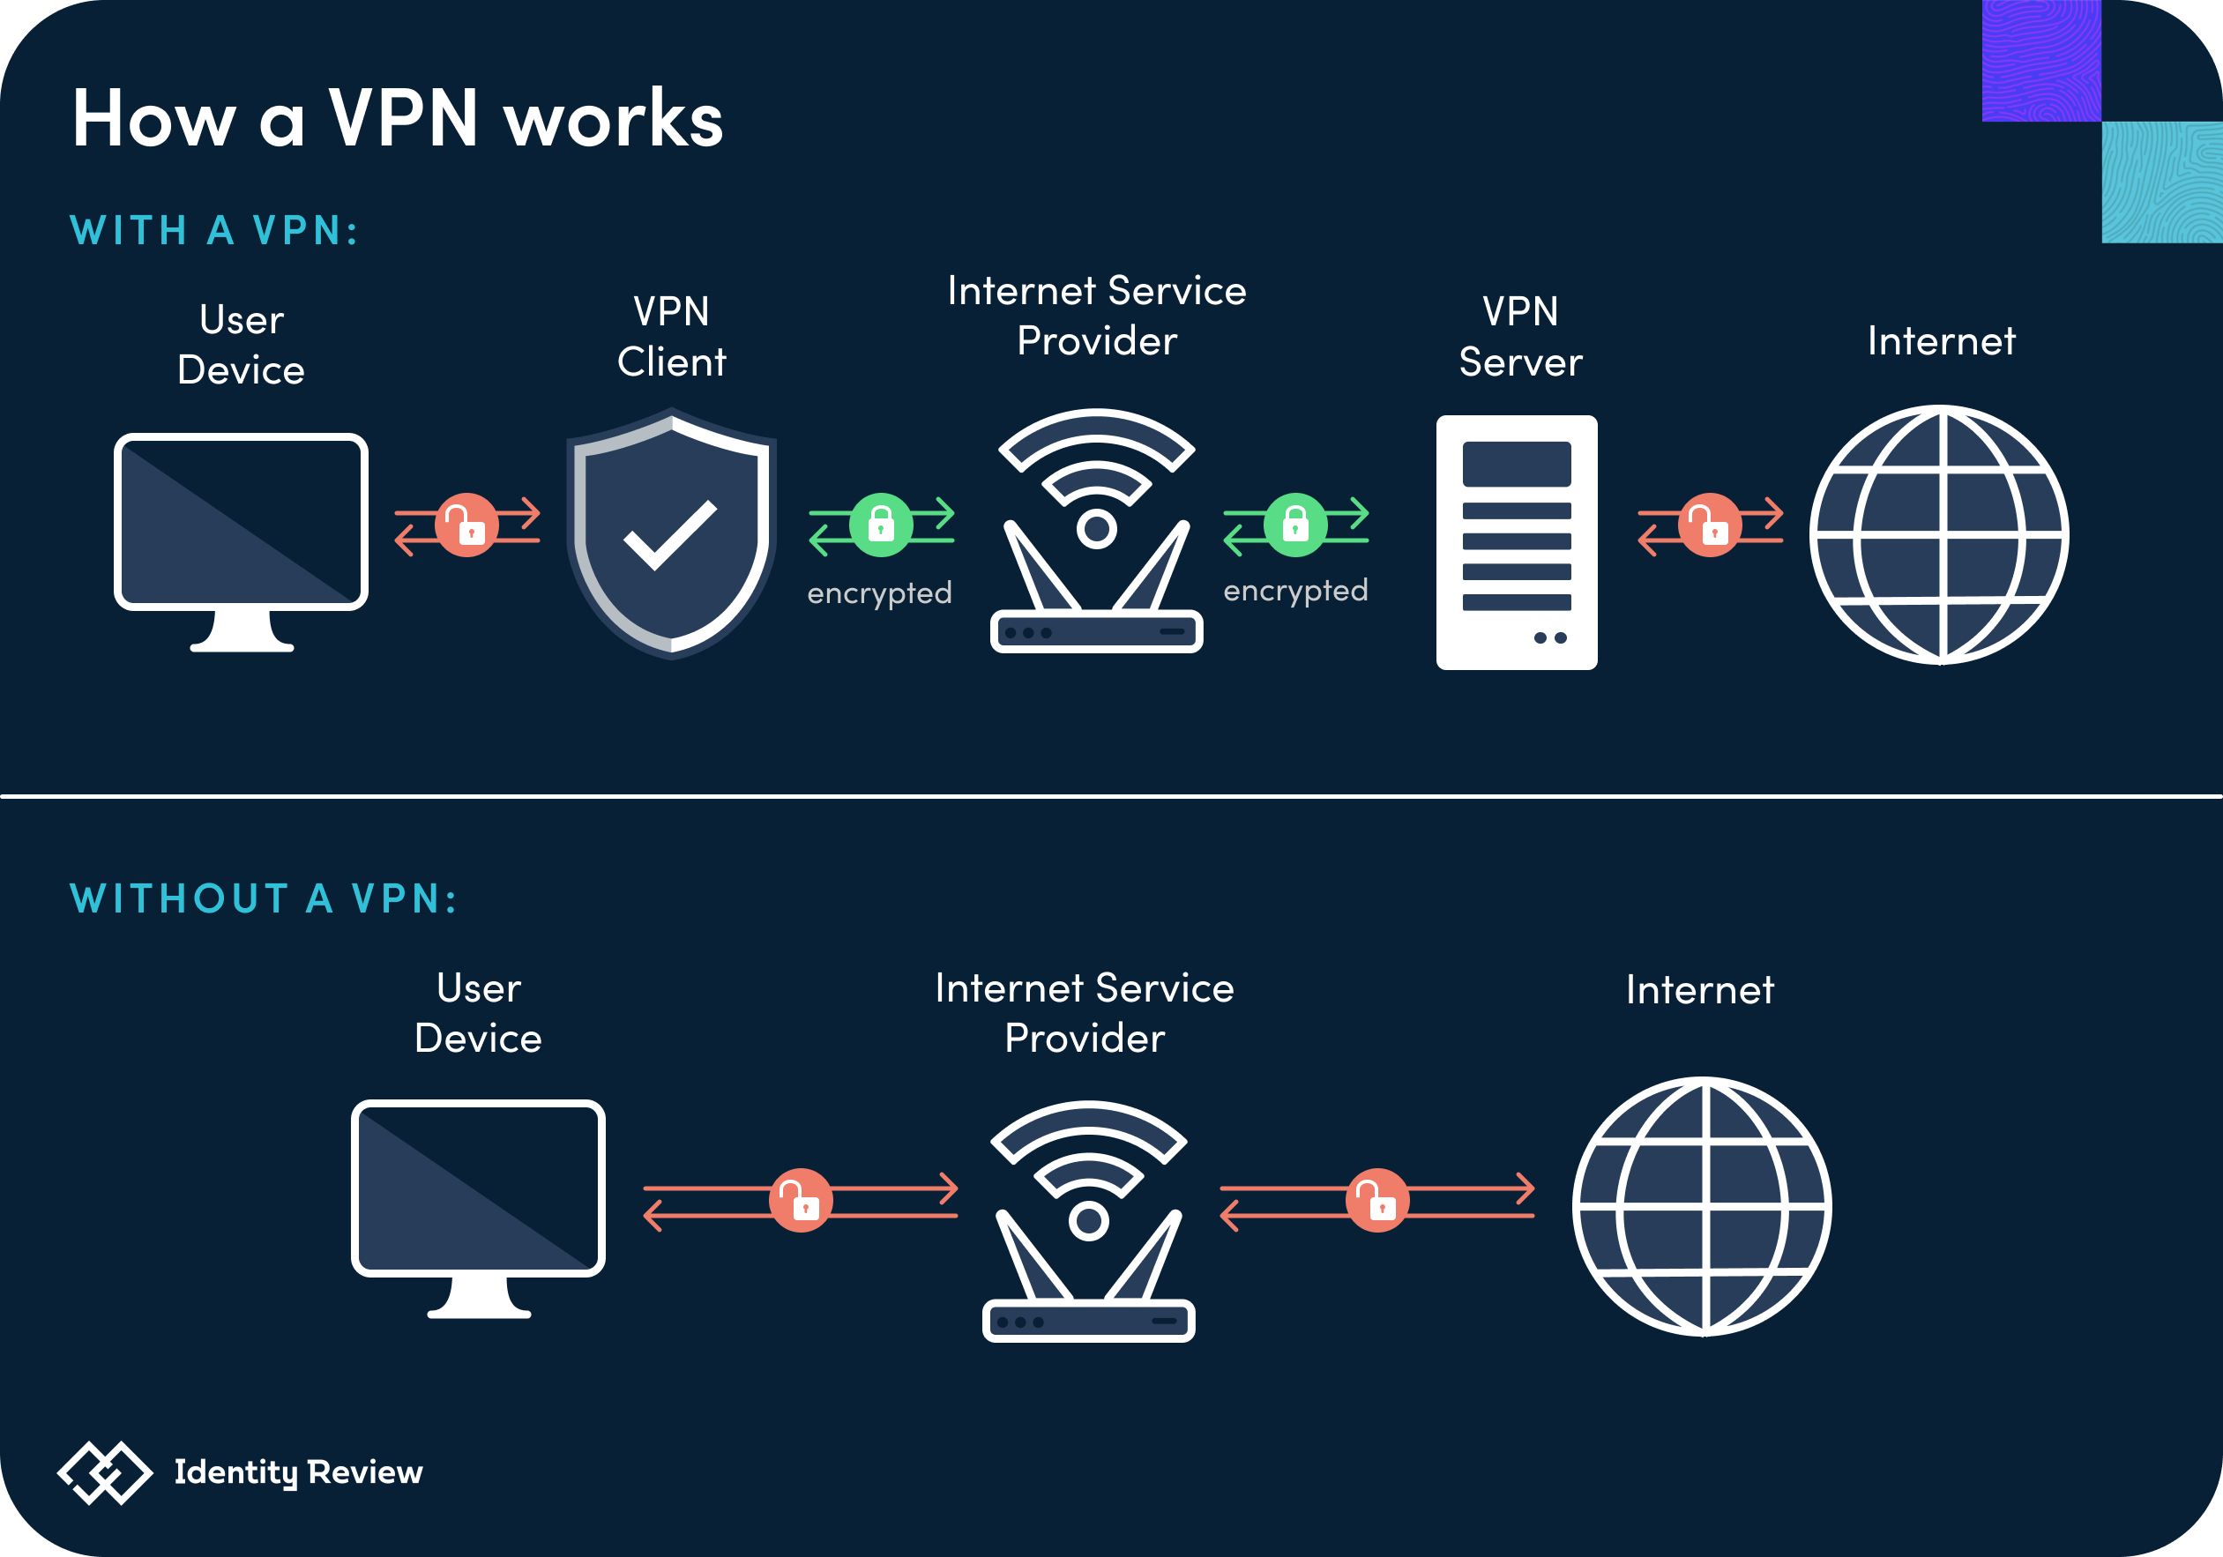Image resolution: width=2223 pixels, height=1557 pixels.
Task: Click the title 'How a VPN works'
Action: [x=398, y=118]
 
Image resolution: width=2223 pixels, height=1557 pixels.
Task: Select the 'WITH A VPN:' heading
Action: [x=215, y=230]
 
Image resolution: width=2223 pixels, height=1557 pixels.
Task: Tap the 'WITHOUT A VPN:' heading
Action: [x=264, y=898]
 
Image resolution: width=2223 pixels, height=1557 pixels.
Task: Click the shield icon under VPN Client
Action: [x=672, y=533]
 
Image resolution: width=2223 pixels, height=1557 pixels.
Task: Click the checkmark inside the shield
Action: [x=670, y=535]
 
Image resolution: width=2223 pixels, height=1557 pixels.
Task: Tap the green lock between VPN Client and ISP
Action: [x=881, y=525]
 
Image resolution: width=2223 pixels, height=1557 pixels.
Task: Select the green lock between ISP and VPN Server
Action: [x=1295, y=525]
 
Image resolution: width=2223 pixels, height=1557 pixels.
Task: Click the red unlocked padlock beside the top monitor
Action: [x=467, y=525]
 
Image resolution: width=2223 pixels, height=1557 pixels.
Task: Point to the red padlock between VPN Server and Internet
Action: [x=1710, y=525]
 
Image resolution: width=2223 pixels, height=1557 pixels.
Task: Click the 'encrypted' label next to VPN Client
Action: [x=880, y=593]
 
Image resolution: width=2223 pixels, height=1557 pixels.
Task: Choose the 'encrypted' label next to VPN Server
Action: [x=1295, y=591]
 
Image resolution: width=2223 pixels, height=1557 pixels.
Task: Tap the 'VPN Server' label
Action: [x=1520, y=337]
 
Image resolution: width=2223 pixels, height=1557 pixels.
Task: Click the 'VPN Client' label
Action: [x=672, y=337]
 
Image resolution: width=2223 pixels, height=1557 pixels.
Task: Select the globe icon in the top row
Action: [x=1940, y=534]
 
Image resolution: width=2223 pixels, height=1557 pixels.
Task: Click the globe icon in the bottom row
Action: [x=1703, y=1206]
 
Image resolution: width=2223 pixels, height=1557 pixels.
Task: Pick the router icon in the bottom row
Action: [x=1089, y=1221]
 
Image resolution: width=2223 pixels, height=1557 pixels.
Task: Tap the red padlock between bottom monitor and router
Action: [x=801, y=1201]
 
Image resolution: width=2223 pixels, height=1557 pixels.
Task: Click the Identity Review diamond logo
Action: [x=105, y=1472]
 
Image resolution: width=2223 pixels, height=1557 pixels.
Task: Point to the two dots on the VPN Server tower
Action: [x=1550, y=638]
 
